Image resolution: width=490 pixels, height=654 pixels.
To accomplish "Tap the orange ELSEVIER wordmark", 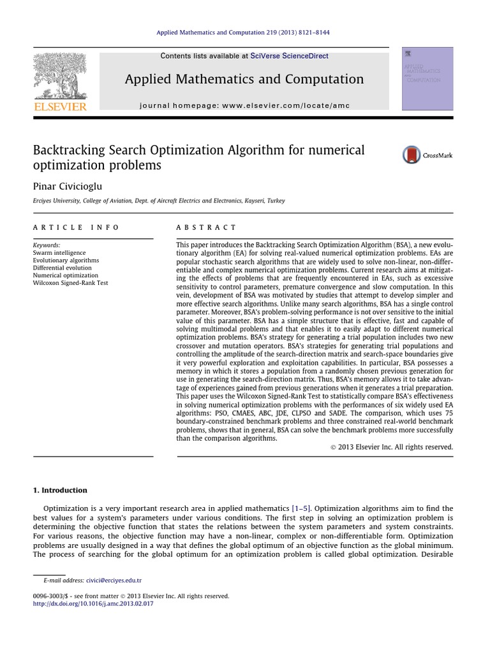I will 59,107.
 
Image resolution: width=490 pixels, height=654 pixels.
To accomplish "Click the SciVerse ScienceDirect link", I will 290,56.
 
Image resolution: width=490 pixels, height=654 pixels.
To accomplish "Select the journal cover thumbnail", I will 427,79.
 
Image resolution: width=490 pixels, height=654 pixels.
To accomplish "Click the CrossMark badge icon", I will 412,155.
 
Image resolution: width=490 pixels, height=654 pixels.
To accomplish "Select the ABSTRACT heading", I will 206,227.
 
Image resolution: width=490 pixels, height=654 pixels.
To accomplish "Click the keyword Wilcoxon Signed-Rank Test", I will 71,283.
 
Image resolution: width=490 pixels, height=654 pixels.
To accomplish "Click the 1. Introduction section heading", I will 60,490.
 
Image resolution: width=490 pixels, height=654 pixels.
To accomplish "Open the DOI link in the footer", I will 93,604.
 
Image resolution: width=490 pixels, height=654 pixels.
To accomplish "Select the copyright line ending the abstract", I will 391,447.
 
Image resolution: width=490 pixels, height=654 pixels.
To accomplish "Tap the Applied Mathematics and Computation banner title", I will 244,79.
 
